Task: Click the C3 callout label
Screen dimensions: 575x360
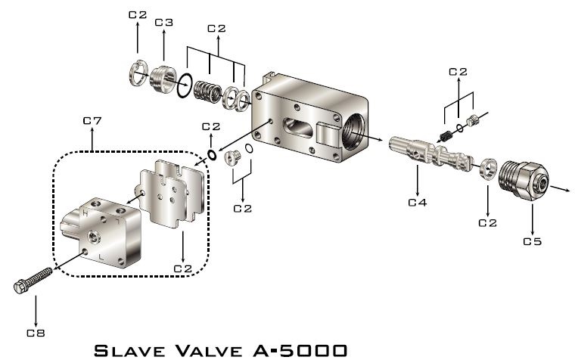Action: tap(163, 23)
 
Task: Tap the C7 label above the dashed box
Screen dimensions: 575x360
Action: tap(92, 120)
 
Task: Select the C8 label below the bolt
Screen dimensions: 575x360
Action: tap(36, 333)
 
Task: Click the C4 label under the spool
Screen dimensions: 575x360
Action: tap(418, 202)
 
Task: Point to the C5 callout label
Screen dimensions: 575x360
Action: tap(532, 241)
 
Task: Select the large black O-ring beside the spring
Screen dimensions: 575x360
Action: tap(185, 85)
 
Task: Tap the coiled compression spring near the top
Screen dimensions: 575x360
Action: tap(207, 92)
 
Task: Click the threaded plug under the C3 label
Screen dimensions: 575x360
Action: tap(163, 79)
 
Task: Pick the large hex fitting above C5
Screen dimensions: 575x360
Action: tap(524, 180)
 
